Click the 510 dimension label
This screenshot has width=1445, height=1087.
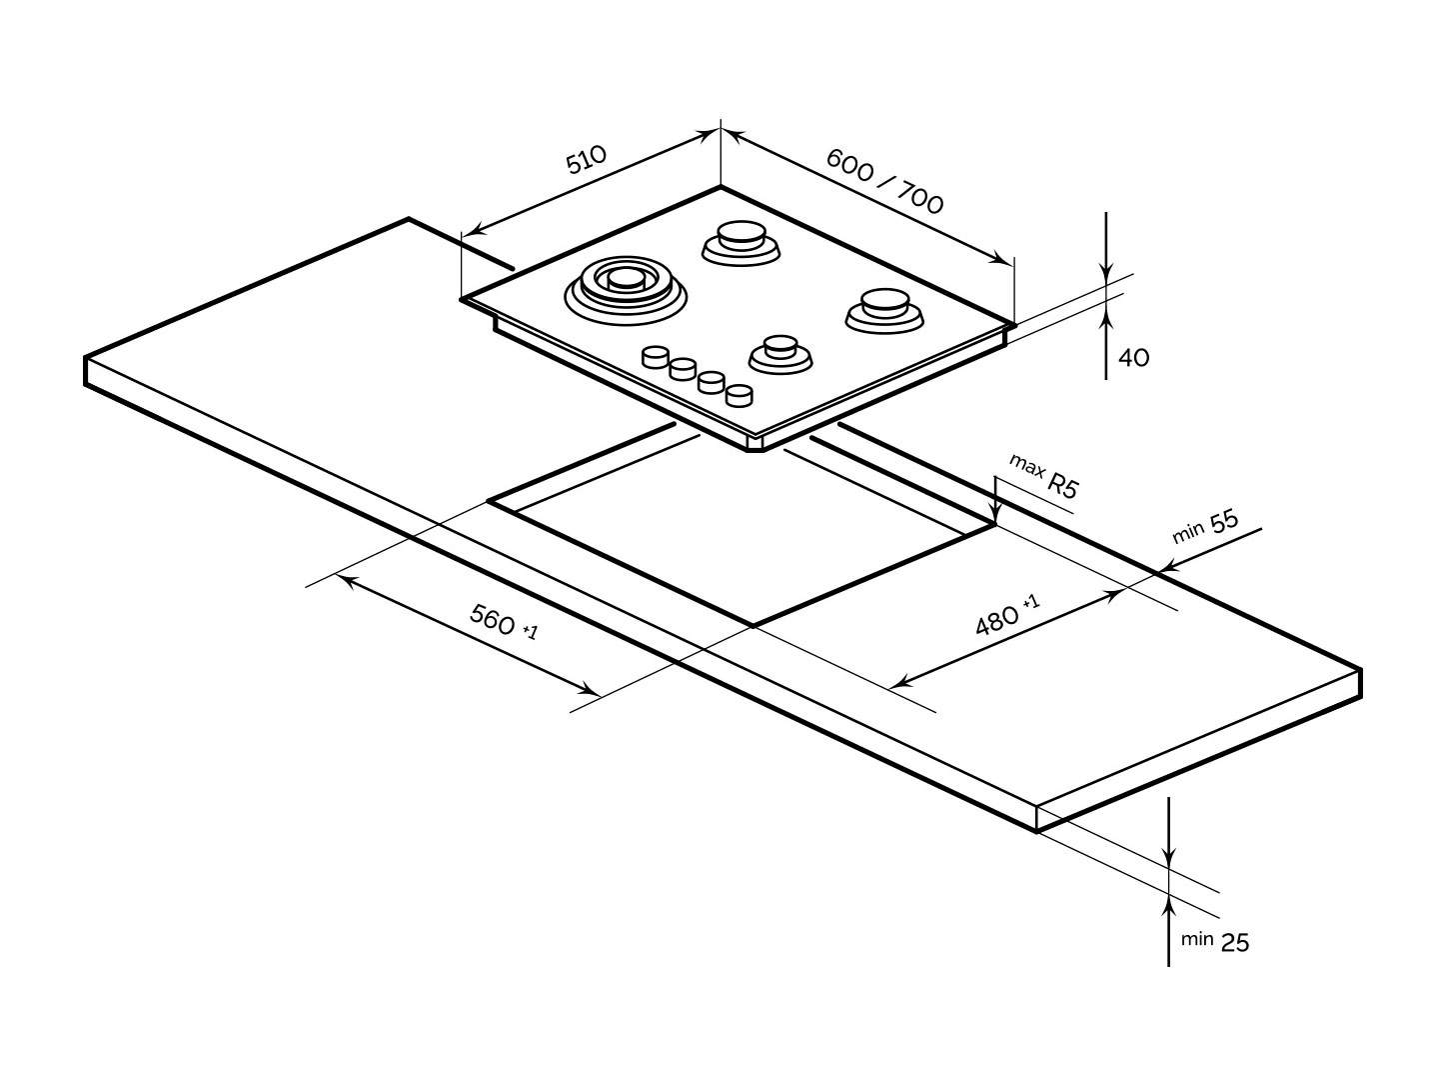click(586, 159)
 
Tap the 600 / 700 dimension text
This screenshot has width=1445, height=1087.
click(884, 181)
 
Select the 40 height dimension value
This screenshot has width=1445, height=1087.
click(1133, 357)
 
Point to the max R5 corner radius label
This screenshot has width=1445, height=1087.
click(1044, 476)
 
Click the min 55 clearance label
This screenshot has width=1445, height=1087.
click(1205, 526)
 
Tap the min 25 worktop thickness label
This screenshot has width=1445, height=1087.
click(1215, 941)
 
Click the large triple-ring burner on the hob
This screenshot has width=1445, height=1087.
click(626, 288)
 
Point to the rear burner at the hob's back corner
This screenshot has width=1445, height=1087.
click(740, 241)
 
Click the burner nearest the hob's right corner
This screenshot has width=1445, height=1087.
click(883, 307)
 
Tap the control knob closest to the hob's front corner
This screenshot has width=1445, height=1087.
click(738, 395)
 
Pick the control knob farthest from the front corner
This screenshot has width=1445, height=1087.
click(656, 357)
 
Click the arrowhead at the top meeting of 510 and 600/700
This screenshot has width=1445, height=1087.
click(720, 132)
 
